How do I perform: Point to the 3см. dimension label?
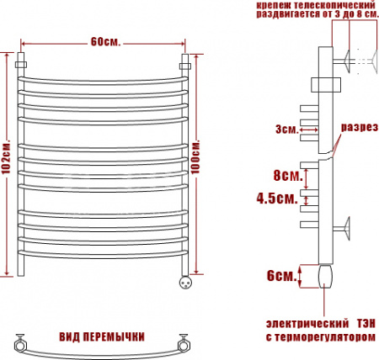pyautogui.click(x=285, y=129)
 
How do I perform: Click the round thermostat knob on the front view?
pyautogui.click(x=184, y=283)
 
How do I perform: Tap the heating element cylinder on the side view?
pyautogui.click(x=327, y=275)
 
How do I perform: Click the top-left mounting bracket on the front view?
pyautogui.click(x=23, y=64)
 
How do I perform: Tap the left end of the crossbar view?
pyautogui.click(x=19, y=341)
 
